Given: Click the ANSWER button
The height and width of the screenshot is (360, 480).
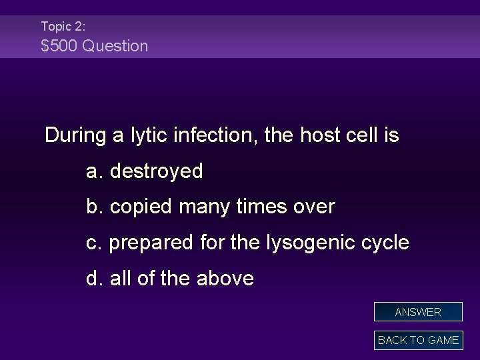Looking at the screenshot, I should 418,312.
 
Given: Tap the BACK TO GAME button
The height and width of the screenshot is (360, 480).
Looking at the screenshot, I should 418,340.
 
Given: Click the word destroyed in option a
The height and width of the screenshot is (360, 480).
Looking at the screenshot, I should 156,171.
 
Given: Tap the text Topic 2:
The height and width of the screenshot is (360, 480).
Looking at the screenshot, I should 63,26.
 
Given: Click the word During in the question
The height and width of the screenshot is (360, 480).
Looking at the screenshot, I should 75,135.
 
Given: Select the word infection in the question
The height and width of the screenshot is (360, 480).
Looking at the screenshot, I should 215,135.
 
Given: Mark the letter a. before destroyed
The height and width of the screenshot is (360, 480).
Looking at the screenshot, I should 95,171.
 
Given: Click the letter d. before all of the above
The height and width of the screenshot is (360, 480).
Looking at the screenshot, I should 95,278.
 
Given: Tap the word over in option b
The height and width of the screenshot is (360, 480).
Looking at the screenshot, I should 314,207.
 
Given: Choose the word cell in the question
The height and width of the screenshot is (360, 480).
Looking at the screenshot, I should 363,135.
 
